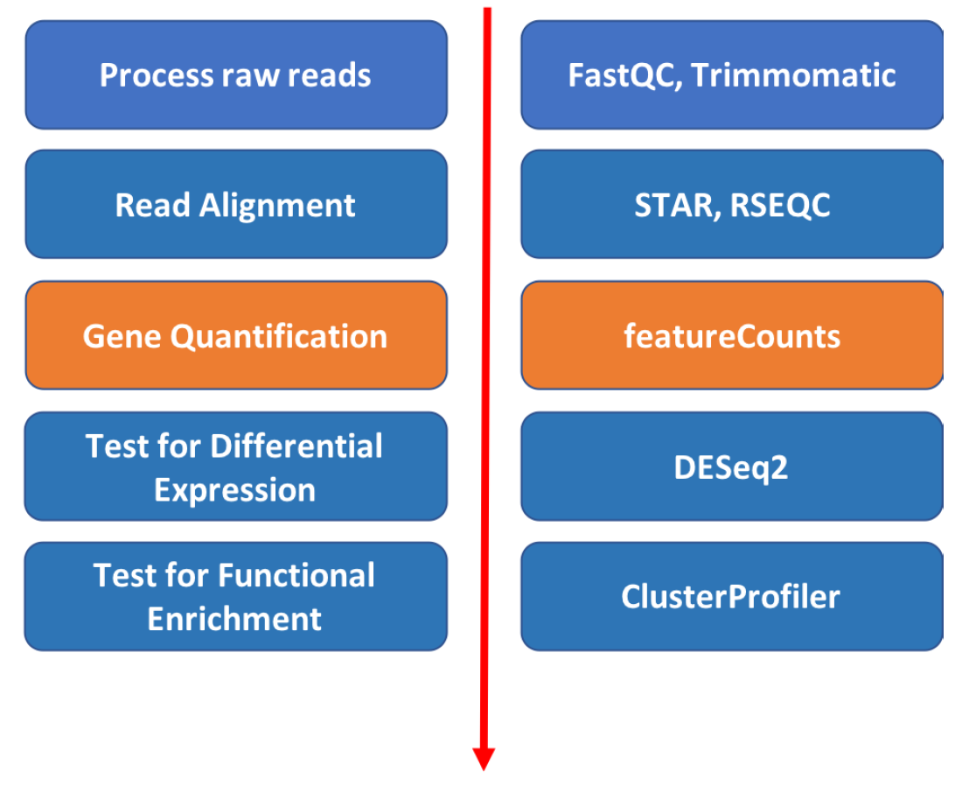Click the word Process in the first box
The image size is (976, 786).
pyautogui.click(x=150, y=75)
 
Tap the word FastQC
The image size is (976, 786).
pyautogui.click(x=624, y=75)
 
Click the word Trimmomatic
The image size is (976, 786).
pyautogui.click(x=795, y=75)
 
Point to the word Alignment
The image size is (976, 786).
pyautogui.click(x=277, y=206)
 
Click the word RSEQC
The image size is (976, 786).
pyautogui.click(x=780, y=206)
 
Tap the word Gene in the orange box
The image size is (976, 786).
pyautogui.click(x=122, y=337)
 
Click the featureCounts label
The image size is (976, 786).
pyautogui.click(x=732, y=337)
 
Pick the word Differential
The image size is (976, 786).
pyautogui.click(x=296, y=446)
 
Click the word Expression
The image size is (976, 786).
pyautogui.click(x=235, y=490)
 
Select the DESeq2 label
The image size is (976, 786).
pyautogui.click(x=731, y=467)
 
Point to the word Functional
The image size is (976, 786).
pyautogui.click(x=296, y=576)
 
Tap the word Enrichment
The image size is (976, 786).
pyautogui.click(x=234, y=619)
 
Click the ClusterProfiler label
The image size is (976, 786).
pyautogui.click(x=730, y=597)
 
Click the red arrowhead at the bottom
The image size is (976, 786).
pyautogui.click(x=484, y=758)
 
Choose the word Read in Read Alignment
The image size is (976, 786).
pyautogui.click(x=153, y=206)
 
